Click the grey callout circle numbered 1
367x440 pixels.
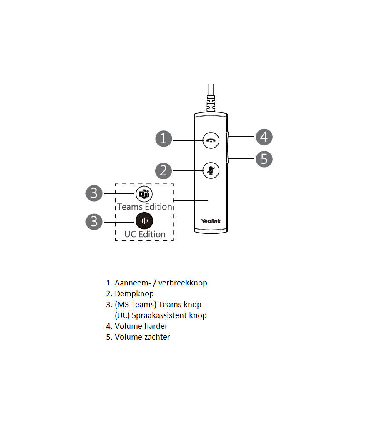pyautogui.click(x=163, y=138)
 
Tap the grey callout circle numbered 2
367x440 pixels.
pyautogui.click(x=163, y=170)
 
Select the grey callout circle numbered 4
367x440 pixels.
pyautogui.click(x=264, y=137)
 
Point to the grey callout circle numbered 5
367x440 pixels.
pyautogui.click(x=264, y=159)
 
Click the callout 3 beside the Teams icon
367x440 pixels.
pyautogui.click(x=94, y=193)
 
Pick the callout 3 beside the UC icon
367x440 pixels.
pyautogui.click(x=94, y=221)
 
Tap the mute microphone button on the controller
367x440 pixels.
pyautogui.click(x=211, y=170)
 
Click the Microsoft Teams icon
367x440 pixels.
pyautogui.click(x=144, y=194)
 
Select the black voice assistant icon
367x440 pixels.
pyautogui.click(x=144, y=221)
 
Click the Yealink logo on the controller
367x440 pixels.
pyautogui.click(x=211, y=221)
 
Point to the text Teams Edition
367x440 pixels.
pyautogui.click(x=144, y=207)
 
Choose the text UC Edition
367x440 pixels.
pyautogui.click(x=145, y=234)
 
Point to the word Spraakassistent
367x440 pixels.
pyautogui.click(x=156, y=315)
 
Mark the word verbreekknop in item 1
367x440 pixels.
pyautogui.click(x=183, y=283)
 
